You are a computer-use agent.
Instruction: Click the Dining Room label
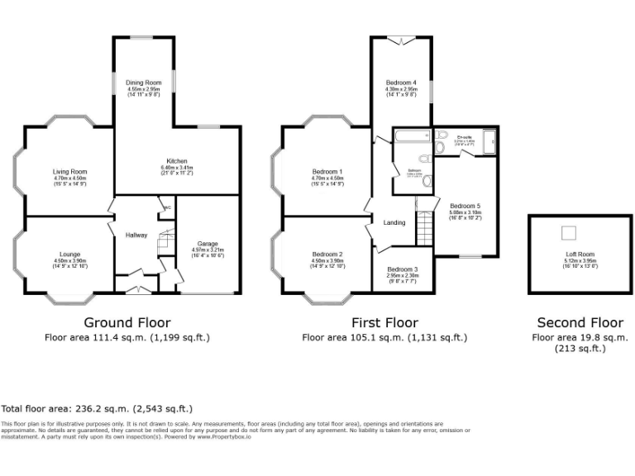point(144,83)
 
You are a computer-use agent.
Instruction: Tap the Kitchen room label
point(176,161)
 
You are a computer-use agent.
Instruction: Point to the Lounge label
point(69,254)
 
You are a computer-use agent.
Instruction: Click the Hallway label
point(136,236)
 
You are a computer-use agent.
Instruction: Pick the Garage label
point(208,244)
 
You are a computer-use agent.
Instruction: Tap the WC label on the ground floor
point(166,207)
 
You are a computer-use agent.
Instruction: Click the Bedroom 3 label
point(403,269)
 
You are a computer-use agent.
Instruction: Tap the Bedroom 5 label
point(465,206)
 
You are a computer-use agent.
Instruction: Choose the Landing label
point(394,222)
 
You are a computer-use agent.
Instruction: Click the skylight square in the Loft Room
point(569,233)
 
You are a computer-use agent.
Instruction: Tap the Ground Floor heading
point(128,322)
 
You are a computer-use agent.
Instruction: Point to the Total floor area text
point(98,408)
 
